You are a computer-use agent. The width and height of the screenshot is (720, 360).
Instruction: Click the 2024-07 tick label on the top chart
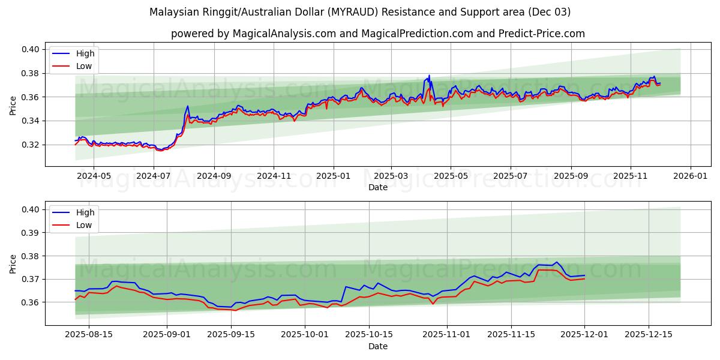pos(154,176)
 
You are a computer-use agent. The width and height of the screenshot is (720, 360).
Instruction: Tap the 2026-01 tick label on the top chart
pos(690,176)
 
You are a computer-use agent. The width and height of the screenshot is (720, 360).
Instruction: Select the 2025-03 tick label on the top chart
pos(391,176)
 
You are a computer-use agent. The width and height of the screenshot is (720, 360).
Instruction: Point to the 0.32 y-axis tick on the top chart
pos(30,145)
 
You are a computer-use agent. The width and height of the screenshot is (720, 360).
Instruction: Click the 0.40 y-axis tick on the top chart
pos(30,50)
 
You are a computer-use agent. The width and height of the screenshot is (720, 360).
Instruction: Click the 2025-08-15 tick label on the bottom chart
pos(89,335)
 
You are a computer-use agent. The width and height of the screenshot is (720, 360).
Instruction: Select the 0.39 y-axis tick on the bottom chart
pos(30,233)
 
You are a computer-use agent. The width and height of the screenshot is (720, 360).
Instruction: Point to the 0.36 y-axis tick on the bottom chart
pos(30,302)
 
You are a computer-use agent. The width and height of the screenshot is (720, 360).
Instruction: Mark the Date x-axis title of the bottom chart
pos(378,346)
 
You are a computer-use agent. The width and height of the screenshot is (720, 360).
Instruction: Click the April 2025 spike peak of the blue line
pos(429,76)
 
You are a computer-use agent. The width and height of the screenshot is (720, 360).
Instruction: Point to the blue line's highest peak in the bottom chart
pos(556,262)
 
